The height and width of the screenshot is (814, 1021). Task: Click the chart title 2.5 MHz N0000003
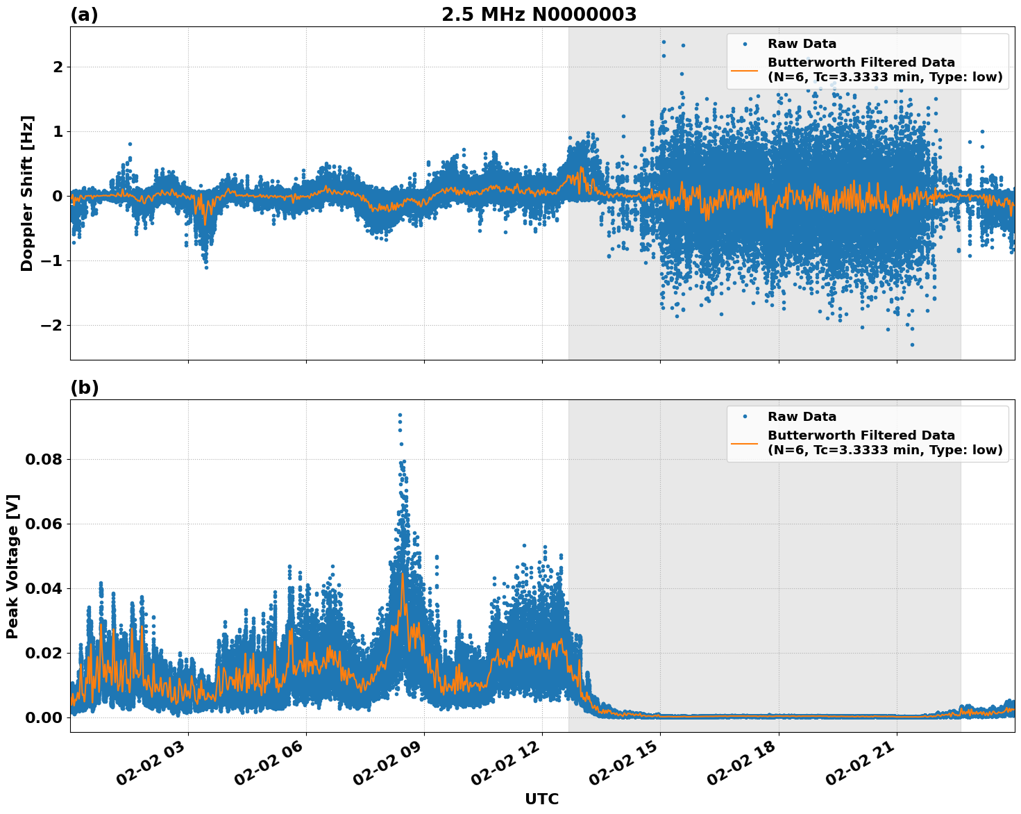(539, 15)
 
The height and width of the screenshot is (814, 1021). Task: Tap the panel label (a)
(84, 15)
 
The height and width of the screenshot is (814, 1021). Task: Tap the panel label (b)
(84, 388)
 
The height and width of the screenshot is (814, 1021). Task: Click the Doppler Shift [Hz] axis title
(27, 193)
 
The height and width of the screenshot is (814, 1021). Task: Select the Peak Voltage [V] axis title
(12, 567)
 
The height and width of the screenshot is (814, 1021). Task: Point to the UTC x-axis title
(541, 799)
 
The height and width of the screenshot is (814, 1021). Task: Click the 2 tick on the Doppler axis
(58, 67)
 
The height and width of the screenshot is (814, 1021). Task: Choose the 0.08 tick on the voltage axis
(44, 460)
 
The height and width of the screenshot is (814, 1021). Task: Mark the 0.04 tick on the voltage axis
(44, 589)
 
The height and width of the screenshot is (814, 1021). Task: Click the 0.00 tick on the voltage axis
(44, 718)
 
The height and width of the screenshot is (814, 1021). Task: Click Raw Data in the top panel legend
(802, 44)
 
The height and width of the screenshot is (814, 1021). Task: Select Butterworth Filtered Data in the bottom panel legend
(861, 435)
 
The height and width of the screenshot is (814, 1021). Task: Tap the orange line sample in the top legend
(744, 70)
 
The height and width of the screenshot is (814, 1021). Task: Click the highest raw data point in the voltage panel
(400, 415)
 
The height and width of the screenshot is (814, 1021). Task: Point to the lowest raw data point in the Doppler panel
(912, 344)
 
